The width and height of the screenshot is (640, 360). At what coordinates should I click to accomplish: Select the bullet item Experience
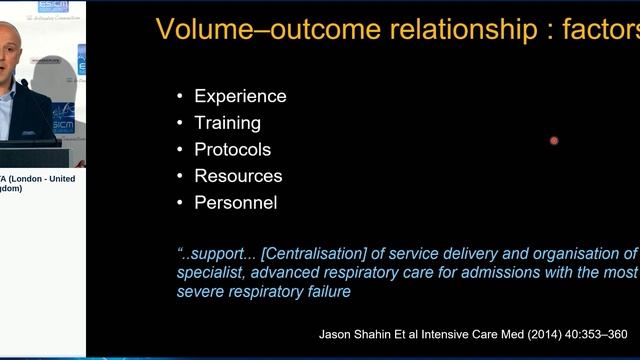(x=240, y=96)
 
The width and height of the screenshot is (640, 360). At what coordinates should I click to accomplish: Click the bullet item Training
(x=227, y=123)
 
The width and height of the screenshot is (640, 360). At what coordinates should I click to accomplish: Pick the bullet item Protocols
(x=232, y=149)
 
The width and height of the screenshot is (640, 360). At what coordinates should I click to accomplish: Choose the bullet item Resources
(x=238, y=176)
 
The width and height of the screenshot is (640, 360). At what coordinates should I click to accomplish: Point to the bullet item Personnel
(x=235, y=202)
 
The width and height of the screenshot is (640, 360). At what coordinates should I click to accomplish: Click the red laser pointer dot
(x=554, y=140)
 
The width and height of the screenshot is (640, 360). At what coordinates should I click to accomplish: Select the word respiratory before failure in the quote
(x=267, y=291)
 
